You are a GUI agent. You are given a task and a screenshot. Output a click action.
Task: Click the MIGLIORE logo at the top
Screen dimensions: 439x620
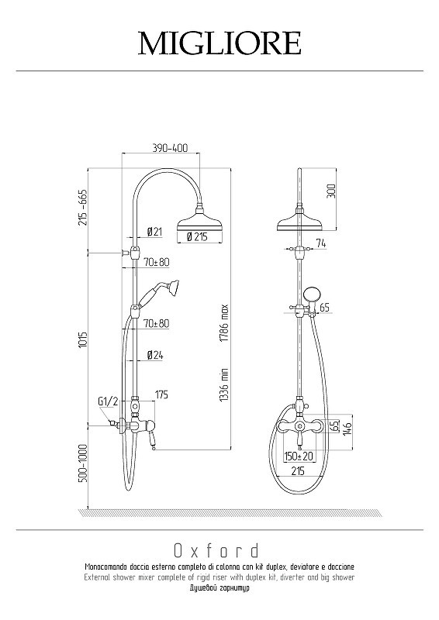click(219, 43)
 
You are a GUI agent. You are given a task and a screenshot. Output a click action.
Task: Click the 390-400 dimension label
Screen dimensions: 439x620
click(170, 148)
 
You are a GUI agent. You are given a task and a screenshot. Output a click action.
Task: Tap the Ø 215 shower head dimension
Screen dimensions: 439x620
click(197, 236)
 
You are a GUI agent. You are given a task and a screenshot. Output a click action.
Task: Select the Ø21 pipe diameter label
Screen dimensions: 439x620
click(155, 232)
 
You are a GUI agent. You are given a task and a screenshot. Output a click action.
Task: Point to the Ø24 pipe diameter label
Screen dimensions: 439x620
click(155, 355)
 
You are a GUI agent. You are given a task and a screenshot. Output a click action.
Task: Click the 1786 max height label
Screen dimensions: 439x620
click(224, 323)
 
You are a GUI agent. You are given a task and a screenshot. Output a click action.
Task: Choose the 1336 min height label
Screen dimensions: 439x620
click(224, 384)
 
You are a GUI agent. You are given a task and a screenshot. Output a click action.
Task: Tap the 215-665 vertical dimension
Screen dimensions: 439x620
click(82, 207)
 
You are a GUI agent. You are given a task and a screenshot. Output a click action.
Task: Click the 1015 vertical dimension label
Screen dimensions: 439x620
click(82, 340)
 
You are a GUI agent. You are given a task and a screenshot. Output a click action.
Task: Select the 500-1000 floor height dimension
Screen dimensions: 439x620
click(82, 463)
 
